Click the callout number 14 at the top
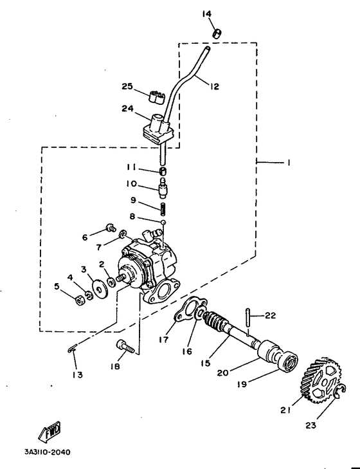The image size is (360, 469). pos(207,14)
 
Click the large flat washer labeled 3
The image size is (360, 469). pos(99,288)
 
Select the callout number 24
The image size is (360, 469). pos(127,109)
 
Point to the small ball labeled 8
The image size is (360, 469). pos(164,223)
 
